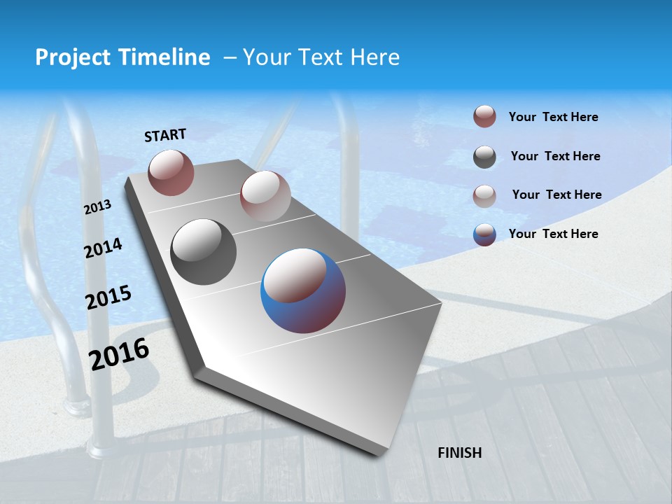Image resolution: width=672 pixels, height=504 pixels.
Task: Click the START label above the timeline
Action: (165, 135)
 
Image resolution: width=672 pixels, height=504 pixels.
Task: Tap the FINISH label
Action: (460, 453)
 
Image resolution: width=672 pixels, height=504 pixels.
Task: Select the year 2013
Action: (98, 207)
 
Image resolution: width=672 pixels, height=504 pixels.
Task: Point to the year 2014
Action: (104, 248)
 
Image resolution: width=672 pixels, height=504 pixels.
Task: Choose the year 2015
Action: (108, 297)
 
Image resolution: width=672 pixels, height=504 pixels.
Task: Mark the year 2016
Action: (119, 353)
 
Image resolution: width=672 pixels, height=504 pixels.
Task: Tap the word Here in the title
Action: (374, 57)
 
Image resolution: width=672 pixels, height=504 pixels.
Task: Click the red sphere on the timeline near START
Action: (171, 172)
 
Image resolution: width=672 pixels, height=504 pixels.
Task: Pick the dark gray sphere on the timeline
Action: (203, 252)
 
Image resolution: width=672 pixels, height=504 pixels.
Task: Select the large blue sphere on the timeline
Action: (303, 290)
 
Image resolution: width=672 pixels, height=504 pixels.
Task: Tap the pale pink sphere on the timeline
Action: (265, 196)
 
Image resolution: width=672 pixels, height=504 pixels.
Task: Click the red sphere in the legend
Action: (484, 117)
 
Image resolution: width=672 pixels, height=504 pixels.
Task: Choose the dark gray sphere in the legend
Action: (484, 157)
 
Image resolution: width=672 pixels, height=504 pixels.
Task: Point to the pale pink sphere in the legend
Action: (484, 196)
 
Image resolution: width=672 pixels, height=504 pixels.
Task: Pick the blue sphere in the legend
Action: (484, 234)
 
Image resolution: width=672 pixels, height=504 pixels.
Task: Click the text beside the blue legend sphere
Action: (553, 234)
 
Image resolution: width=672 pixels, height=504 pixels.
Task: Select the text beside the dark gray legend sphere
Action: (555, 156)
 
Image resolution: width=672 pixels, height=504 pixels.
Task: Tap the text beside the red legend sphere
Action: (553, 117)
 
